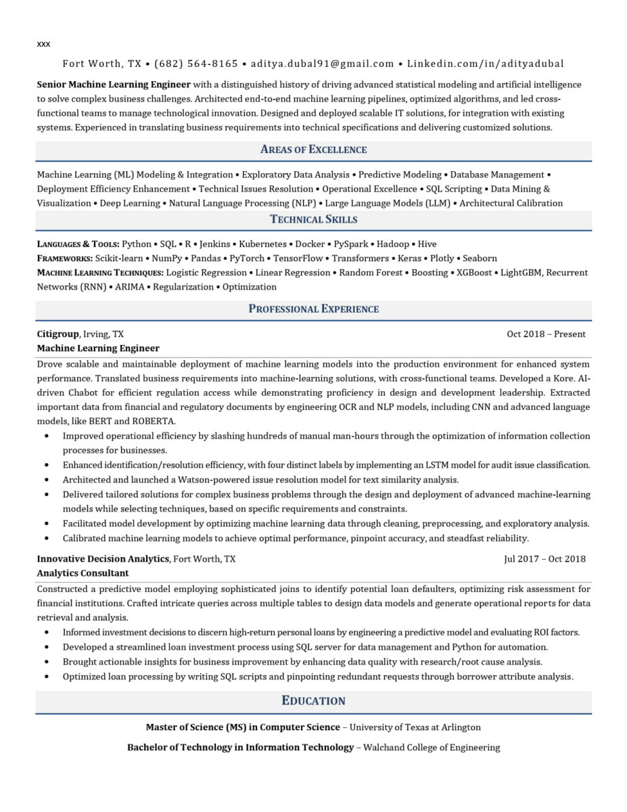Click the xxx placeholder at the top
[x=43, y=44]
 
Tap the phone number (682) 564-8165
[x=196, y=64]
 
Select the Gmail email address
[x=322, y=64]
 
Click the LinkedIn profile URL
[x=485, y=64]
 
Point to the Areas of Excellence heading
[x=313, y=150]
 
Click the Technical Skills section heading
[x=313, y=219]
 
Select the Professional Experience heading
[x=313, y=309]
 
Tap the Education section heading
[x=313, y=701]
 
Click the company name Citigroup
[x=58, y=334]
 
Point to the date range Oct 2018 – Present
[x=546, y=334]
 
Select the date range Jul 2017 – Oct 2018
[x=544, y=559]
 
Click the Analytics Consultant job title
[x=83, y=572]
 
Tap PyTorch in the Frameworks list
[x=247, y=258]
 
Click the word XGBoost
[x=474, y=272]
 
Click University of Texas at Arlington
[x=415, y=727]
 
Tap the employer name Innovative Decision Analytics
[x=103, y=559]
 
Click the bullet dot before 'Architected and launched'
[x=46, y=480]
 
